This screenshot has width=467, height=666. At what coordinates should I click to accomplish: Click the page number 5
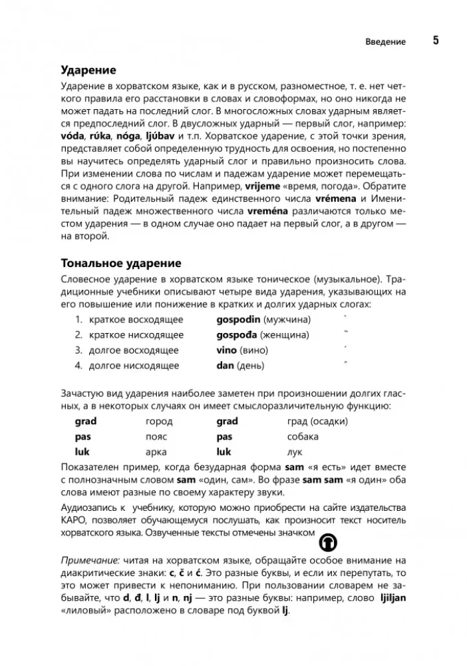(436, 41)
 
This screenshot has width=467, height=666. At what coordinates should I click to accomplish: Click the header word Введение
(385, 42)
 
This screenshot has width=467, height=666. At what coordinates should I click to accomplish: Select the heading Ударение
(88, 71)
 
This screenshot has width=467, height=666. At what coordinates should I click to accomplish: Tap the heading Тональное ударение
(120, 264)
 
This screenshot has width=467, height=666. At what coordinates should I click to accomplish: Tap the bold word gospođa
(237, 334)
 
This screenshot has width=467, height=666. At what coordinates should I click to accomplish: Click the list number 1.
(78, 319)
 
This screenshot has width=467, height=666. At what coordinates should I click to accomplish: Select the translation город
(159, 421)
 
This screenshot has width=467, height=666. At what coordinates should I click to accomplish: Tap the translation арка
(156, 452)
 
